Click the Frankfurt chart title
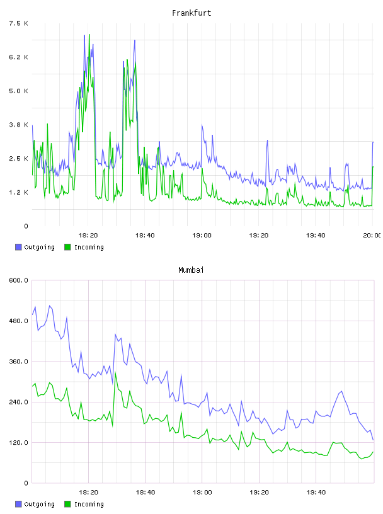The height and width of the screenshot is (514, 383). click(x=191, y=13)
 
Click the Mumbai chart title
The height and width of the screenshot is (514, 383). click(x=191, y=270)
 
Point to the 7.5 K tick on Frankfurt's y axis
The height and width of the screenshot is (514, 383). click(x=19, y=23)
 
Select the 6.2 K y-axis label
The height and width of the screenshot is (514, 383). click(x=19, y=57)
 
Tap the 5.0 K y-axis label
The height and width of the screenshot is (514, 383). click(x=19, y=91)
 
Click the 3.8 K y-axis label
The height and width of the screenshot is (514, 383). click(x=19, y=125)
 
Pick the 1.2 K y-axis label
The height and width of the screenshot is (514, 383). click(x=19, y=192)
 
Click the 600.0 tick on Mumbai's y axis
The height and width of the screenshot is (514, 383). click(x=19, y=280)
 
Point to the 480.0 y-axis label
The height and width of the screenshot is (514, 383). click(x=19, y=321)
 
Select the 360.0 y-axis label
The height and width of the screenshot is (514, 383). click(x=19, y=361)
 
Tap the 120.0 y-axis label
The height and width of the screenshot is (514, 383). click(x=19, y=443)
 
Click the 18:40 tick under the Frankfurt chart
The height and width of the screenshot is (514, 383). click(x=145, y=235)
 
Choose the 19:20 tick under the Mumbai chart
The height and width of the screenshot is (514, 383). click(x=259, y=492)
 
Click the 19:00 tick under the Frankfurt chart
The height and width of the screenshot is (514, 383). click(x=202, y=235)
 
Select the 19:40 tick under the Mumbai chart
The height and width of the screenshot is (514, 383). click(x=316, y=492)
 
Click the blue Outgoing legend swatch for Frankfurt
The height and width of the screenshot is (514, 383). click(x=18, y=247)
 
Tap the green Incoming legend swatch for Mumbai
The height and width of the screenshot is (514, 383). click(x=67, y=504)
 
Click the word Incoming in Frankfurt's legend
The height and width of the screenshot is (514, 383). click(x=89, y=247)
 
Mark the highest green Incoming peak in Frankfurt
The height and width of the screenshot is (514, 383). click(x=89, y=35)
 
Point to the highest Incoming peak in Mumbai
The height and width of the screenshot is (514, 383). click(x=115, y=373)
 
